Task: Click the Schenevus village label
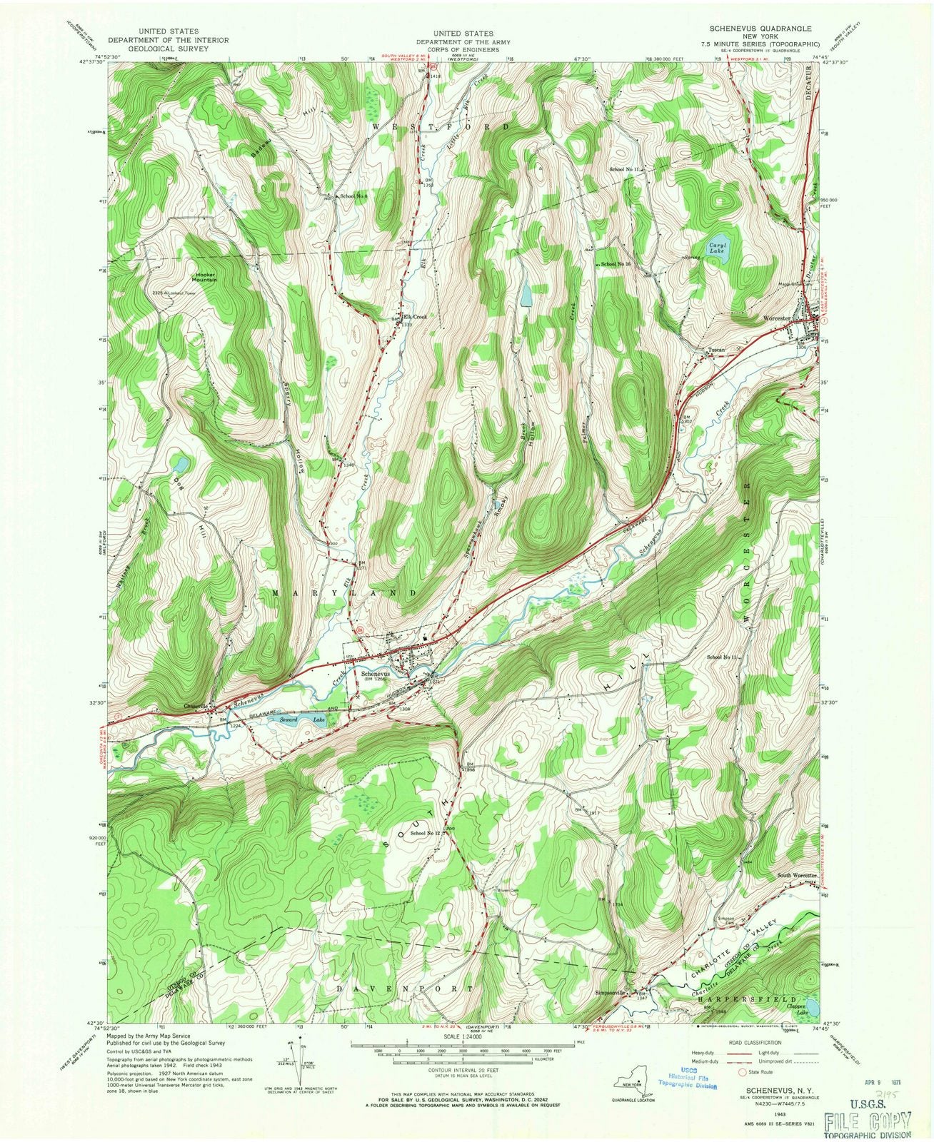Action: [376, 674]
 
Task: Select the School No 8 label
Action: [353, 196]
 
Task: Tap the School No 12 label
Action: [426, 833]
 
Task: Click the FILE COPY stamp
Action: [867, 1120]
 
